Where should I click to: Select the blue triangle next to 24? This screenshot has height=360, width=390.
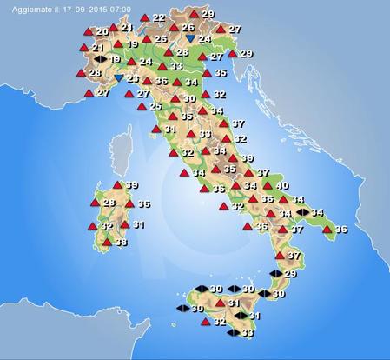tap(190, 39)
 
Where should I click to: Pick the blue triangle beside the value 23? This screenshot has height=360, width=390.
tap(119, 78)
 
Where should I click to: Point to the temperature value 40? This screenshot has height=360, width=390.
tap(281, 186)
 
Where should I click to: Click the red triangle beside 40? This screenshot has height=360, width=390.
tap(267, 185)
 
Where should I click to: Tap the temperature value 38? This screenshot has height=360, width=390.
tap(122, 243)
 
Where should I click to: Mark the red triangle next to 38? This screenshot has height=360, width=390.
tap(107, 243)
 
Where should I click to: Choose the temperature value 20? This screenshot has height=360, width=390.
tap(102, 31)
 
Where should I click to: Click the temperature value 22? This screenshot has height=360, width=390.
tap(158, 17)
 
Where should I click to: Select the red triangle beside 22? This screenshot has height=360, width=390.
tap(144, 17)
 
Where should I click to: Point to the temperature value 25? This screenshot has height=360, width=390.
tap(155, 106)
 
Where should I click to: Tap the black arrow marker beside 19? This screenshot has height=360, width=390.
tap(100, 59)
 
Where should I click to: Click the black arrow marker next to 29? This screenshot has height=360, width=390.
tap(275, 273)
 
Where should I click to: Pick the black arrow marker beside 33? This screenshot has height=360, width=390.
tap(232, 332)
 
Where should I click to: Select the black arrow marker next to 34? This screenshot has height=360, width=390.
tap(302, 212)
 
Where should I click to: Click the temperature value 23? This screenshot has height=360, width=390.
tap(133, 78)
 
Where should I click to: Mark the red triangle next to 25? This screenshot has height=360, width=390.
tap(141, 106)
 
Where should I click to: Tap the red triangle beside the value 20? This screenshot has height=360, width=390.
tap(89, 31)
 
